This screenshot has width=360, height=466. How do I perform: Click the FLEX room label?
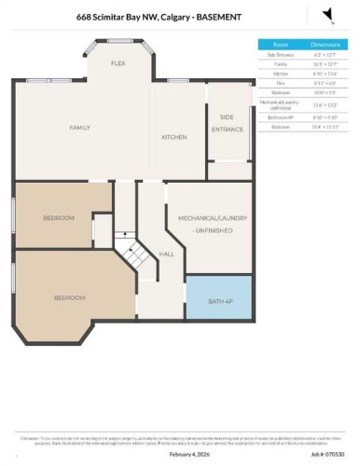coord(118,63)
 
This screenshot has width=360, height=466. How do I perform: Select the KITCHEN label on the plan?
coord(174,137)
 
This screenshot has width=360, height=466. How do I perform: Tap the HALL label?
coord(166,254)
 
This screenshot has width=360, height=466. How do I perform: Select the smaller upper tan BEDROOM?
coord(58,217)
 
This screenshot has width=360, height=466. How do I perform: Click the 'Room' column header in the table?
coord(280,44)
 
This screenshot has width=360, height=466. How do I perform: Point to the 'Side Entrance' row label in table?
coord(280,54)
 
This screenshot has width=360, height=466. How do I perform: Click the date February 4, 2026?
coord(187,454)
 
